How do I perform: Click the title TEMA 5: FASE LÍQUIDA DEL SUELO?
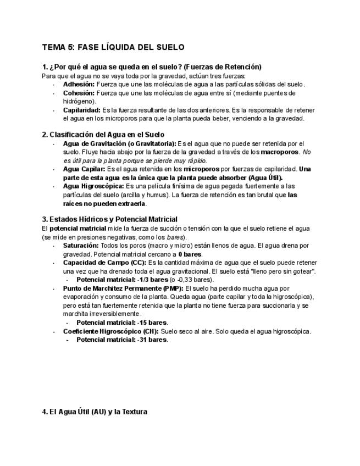113,47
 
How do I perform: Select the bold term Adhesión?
79,84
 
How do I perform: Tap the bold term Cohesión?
79,93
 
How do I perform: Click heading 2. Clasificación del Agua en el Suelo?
103,134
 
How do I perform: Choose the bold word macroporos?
280,151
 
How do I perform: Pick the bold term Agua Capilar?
84,169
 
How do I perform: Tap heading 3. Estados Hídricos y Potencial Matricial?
109,219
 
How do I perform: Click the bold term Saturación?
81,245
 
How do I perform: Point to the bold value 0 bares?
190,254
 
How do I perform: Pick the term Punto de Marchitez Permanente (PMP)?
123,288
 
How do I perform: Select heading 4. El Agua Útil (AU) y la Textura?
95,411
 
